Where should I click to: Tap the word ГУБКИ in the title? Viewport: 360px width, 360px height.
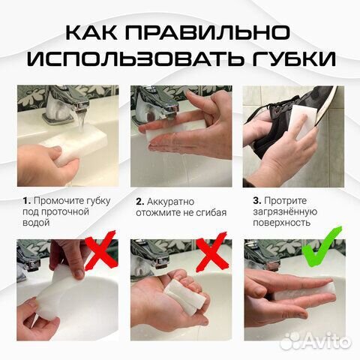coord(285,59)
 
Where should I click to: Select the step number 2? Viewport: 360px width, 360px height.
coord(139,201)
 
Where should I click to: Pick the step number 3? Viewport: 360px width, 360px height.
coord(256,201)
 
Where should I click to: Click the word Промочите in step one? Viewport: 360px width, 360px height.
coord(58,201)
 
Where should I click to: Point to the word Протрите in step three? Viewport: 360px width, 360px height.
coord(286,201)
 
